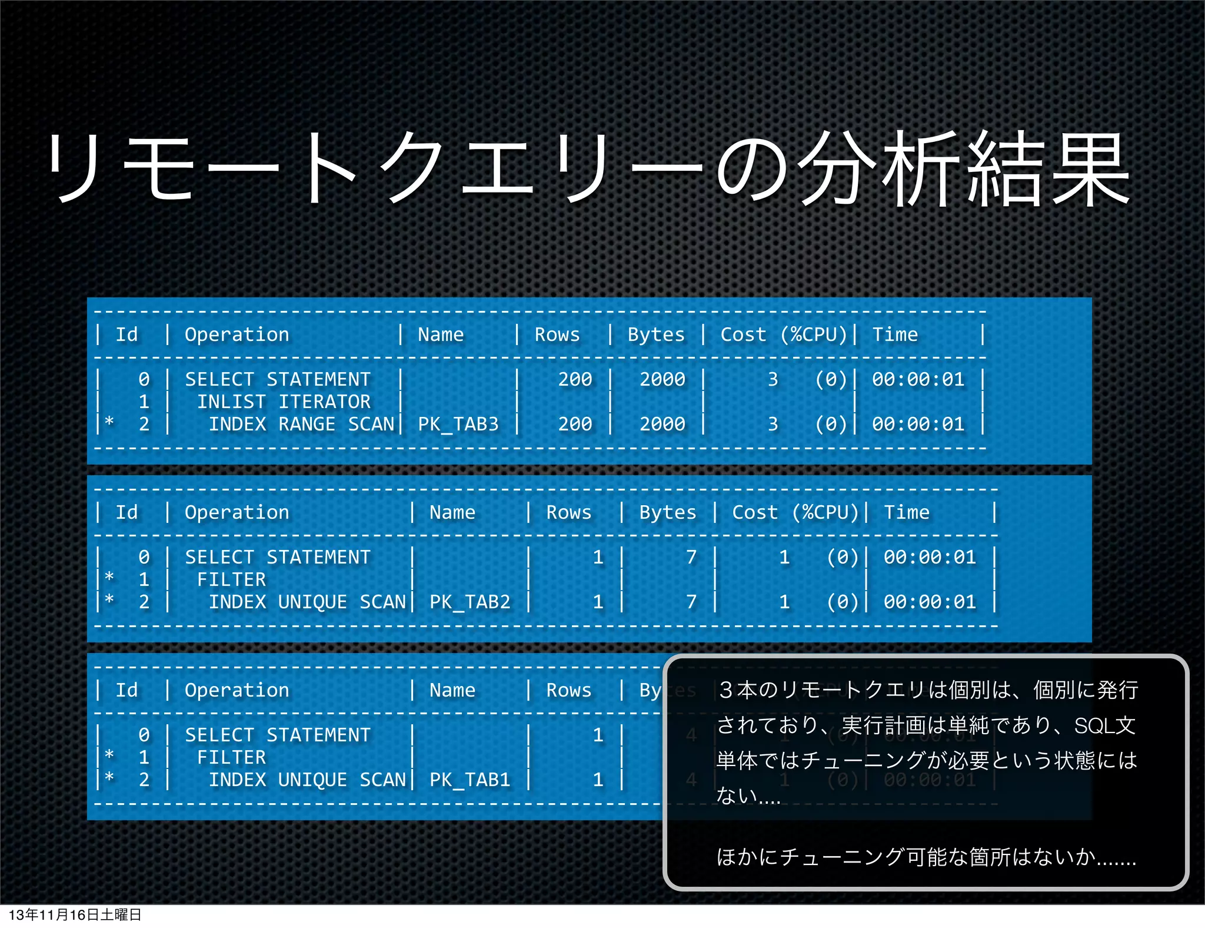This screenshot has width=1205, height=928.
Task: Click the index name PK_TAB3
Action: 458,424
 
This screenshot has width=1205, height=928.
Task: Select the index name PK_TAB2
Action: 470,602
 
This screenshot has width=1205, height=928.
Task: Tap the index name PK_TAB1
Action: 470,780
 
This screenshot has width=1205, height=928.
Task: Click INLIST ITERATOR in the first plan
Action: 284,402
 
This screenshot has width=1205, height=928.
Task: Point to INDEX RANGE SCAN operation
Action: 301,424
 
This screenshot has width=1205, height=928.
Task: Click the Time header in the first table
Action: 894,334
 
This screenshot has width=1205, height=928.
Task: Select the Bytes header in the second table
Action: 667,512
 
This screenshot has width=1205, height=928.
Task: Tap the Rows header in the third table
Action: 568,690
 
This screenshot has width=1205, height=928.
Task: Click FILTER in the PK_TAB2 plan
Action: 231,579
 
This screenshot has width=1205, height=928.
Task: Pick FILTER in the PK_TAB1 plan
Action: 231,757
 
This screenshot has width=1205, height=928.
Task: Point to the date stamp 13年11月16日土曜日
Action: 75,914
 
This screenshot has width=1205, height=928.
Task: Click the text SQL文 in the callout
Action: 1104,725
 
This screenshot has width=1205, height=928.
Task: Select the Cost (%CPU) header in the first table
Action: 783,334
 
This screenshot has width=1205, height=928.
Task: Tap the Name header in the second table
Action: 452,512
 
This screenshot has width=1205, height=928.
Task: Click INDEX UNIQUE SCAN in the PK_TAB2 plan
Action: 307,602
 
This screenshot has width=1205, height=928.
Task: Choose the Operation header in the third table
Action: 237,690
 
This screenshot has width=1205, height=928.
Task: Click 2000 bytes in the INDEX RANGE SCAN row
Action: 662,424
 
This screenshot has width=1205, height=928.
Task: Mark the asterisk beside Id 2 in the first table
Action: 109,422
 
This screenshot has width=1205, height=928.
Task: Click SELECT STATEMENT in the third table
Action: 278,735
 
